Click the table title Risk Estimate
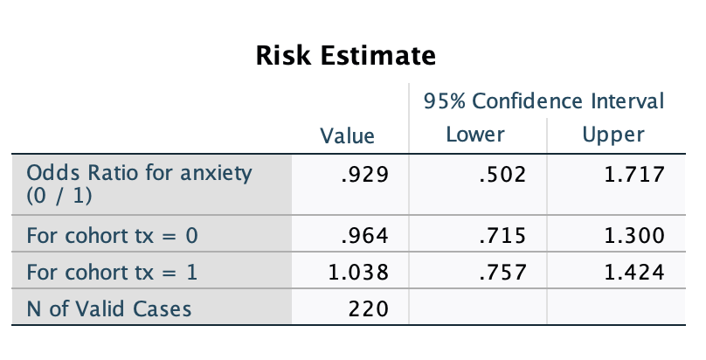[345, 57]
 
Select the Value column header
[348, 135]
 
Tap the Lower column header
[475, 135]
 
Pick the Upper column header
[613, 135]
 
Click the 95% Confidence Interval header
[543, 101]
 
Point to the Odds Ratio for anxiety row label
[140, 183]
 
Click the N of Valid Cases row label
[109, 308]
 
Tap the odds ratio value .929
[364, 175]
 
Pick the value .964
[364, 236]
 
